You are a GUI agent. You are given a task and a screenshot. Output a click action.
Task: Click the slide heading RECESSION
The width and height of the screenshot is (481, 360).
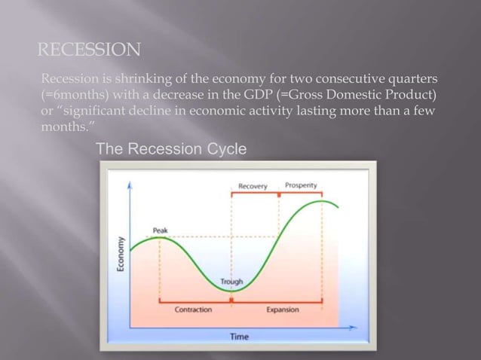pos(89,50)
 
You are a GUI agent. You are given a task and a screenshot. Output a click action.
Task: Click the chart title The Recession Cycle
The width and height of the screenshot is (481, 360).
pos(171,150)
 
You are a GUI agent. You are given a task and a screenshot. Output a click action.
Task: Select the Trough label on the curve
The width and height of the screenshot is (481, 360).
pos(231,282)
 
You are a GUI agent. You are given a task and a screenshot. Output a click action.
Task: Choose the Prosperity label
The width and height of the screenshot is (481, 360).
pos(301,185)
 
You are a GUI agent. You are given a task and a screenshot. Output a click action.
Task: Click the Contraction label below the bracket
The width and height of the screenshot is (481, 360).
pos(193,310)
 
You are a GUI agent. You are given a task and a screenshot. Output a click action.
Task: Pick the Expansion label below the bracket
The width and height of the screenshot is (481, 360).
pos(283,310)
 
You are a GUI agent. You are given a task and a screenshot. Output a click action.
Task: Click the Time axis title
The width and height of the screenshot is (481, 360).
pos(238,337)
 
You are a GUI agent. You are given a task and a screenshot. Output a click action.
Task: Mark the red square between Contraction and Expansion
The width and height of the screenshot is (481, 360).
pos(231,300)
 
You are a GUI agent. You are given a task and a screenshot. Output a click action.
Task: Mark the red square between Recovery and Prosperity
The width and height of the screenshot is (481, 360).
pos(279,194)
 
